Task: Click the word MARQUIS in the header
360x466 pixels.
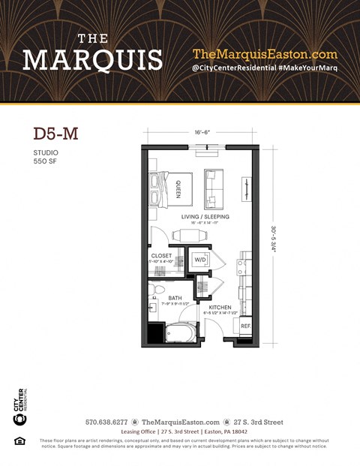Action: [x=92, y=59]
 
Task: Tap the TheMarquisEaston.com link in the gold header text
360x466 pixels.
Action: [x=265, y=54]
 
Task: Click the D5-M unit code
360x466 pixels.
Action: [x=55, y=134]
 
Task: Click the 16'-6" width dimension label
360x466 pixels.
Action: [x=202, y=131]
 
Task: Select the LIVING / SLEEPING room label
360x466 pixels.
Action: [x=205, y=217]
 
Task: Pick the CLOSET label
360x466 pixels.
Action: [x=161, y=256]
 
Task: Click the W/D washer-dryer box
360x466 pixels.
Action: [x=200, y=260]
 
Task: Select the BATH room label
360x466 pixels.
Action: [x=175, y=298]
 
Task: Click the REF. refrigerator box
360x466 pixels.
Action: [x=244, y=326]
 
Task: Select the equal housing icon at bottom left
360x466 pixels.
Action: [x=19, y=440]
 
